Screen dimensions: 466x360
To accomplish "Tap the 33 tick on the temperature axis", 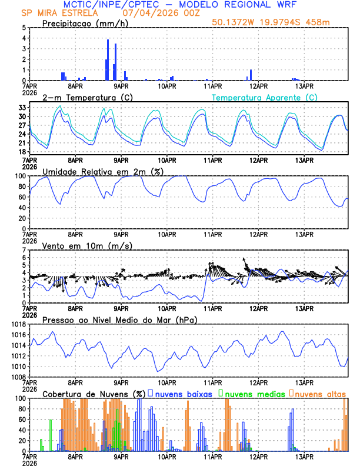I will point(21,108).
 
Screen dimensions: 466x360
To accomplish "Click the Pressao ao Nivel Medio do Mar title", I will point(119,319).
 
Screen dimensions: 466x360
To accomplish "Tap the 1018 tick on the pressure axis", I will point(16,324).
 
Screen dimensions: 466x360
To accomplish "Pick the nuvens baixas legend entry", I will point(179,394).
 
